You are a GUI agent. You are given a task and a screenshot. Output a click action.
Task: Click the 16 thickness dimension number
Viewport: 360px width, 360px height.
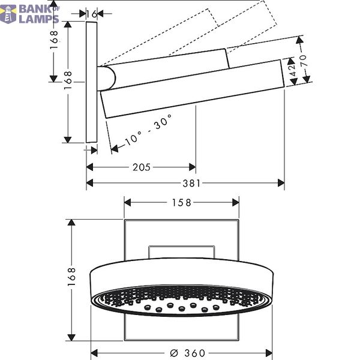92,14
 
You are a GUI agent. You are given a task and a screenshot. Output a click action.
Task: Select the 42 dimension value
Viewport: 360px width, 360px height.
292,71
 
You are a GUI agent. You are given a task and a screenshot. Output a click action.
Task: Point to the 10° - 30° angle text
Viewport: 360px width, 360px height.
149,130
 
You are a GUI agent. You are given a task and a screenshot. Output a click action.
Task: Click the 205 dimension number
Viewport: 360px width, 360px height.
142,167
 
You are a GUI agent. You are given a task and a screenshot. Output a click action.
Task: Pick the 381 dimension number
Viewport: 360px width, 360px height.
191,183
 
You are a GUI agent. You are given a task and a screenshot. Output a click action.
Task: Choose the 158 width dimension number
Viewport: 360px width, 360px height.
181,203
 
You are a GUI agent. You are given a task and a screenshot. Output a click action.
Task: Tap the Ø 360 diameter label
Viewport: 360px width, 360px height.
188,353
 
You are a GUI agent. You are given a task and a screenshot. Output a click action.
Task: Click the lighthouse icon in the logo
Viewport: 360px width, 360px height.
8,14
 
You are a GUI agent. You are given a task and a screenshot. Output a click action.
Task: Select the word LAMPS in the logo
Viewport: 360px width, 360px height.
38,19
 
